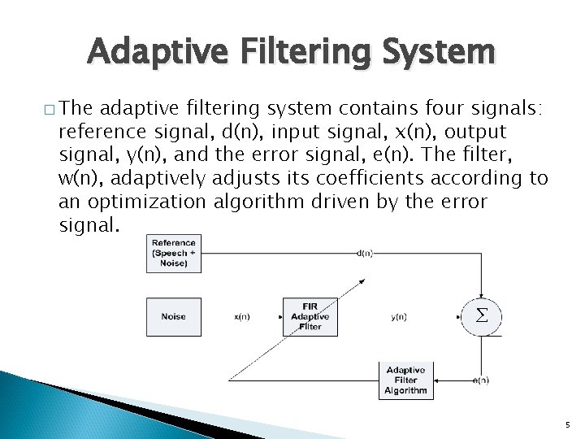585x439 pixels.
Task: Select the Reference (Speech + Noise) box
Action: click(x=173, y=253)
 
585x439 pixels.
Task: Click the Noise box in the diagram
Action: click(x=173, y=315)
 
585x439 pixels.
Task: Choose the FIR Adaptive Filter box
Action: click(x=310, y=315)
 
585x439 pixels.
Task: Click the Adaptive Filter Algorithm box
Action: click(x=406, y=380)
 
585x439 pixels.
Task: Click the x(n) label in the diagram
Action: click(x=241, y=316)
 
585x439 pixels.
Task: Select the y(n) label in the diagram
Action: click(x=399, y=316)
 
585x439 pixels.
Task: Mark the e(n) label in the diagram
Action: click(x=479, y=380)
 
